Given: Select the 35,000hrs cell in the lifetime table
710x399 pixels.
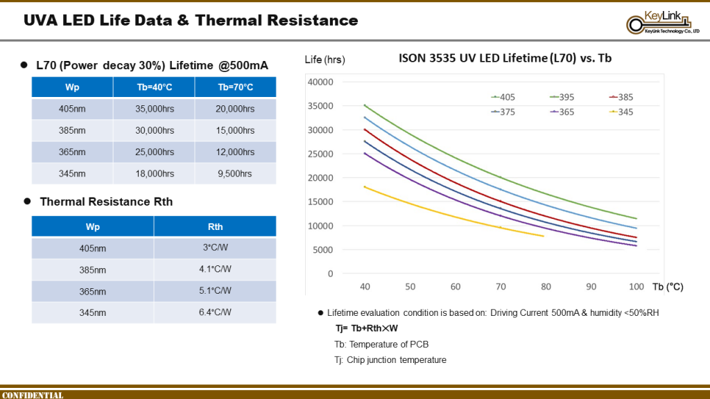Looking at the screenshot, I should pos(154,109).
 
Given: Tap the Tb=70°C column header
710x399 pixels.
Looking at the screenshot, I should pos(235,87).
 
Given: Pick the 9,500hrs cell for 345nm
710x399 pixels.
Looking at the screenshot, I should pos(235,173).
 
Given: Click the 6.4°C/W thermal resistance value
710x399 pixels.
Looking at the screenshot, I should pos(214,312).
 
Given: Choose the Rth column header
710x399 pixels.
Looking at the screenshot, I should pos(214,227).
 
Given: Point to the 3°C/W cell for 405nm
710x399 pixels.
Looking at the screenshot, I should pos(214,248).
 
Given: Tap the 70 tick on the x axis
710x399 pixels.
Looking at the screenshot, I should pos(501,286).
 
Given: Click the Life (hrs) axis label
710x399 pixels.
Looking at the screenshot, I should pos(325,60).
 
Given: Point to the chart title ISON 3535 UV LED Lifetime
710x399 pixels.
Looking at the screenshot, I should pos(505,60).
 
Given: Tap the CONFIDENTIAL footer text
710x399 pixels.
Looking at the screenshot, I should pos(33,395).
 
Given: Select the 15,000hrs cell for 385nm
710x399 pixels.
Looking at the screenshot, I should pos(235,130).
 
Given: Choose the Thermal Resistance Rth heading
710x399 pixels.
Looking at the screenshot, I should pos(106,202).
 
